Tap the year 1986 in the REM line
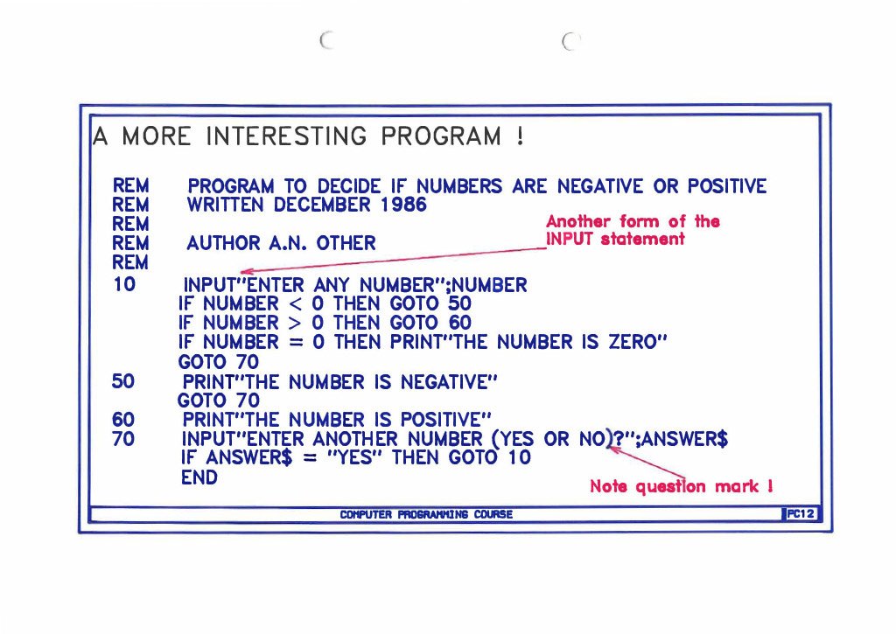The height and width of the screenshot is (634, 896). coord(403,206)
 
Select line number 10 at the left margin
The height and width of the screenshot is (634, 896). coord(125,284)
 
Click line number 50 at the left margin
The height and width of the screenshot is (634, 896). coord(124,381)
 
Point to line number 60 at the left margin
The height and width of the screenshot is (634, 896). coord(124,419)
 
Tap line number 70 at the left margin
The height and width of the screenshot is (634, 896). coord(124,438)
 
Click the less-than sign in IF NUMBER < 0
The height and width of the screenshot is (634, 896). coord(297,304)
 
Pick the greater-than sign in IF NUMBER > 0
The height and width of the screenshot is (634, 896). coord(297,324)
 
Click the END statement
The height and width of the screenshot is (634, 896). coord(199,477)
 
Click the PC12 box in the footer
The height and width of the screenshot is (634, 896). coord(801,514)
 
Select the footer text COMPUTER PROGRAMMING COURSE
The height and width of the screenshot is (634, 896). coord(425,514)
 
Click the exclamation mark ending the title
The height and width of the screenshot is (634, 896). coord(520,137)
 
